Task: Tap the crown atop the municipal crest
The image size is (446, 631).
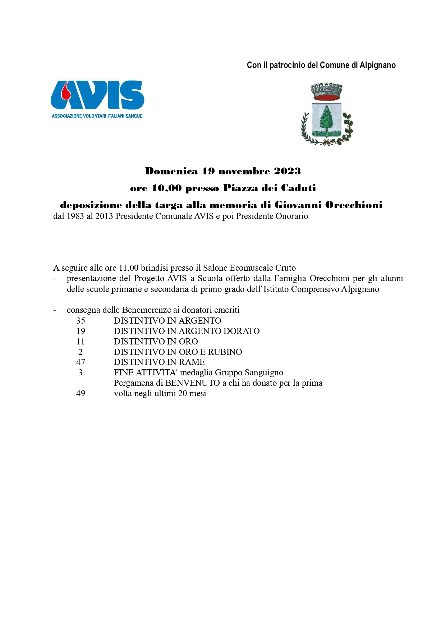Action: click(326, 92)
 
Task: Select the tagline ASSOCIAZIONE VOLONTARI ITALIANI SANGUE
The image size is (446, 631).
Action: click(97, 116)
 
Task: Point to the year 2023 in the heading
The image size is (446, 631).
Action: click(287, 171)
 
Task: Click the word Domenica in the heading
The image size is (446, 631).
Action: click(171, 171)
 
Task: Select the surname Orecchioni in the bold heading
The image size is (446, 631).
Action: click(354, 205)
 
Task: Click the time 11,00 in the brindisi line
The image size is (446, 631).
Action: click(129, 268)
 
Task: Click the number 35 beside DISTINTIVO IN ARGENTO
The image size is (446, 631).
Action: click(81, 321)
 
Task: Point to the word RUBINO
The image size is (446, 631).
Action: click(225, 352)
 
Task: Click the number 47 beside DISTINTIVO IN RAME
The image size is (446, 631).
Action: click(81, 362)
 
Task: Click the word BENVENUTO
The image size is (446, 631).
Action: click(193, 383)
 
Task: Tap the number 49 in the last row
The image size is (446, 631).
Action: click(81, 393)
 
